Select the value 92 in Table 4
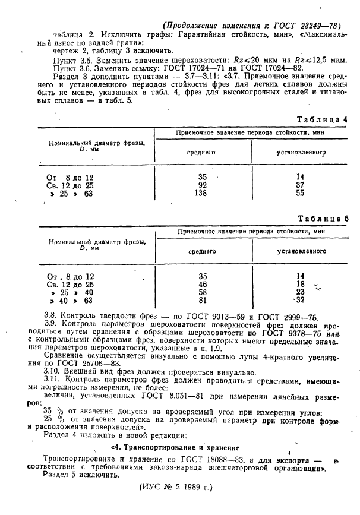coord(202,185)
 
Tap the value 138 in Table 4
coord(202,193)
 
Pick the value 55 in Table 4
coord(300,193)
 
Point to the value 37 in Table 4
coord(300,185)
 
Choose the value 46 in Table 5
coord(202,284)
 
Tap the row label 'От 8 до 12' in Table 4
coord(70,177)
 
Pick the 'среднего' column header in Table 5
coord(202,251)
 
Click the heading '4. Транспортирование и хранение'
coord(173,447)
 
